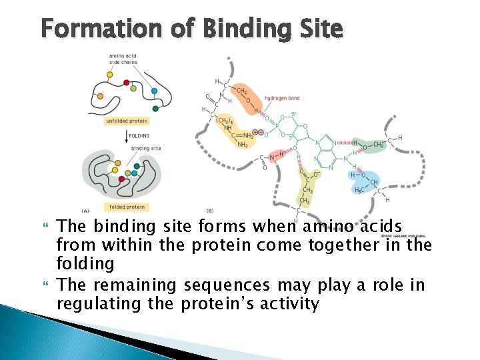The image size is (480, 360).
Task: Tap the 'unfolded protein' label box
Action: [x=127, y=121]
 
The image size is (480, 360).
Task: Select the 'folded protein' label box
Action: [x=127, y=207]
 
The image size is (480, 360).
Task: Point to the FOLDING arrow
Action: [x=126, y=136]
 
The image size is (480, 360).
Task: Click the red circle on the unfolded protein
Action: [x=127, y=83]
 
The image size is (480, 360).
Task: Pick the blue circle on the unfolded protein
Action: [x=154, y=91]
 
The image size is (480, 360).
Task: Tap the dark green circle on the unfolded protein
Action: [x=155, y=108]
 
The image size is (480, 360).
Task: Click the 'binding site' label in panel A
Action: [x=145, y=148]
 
